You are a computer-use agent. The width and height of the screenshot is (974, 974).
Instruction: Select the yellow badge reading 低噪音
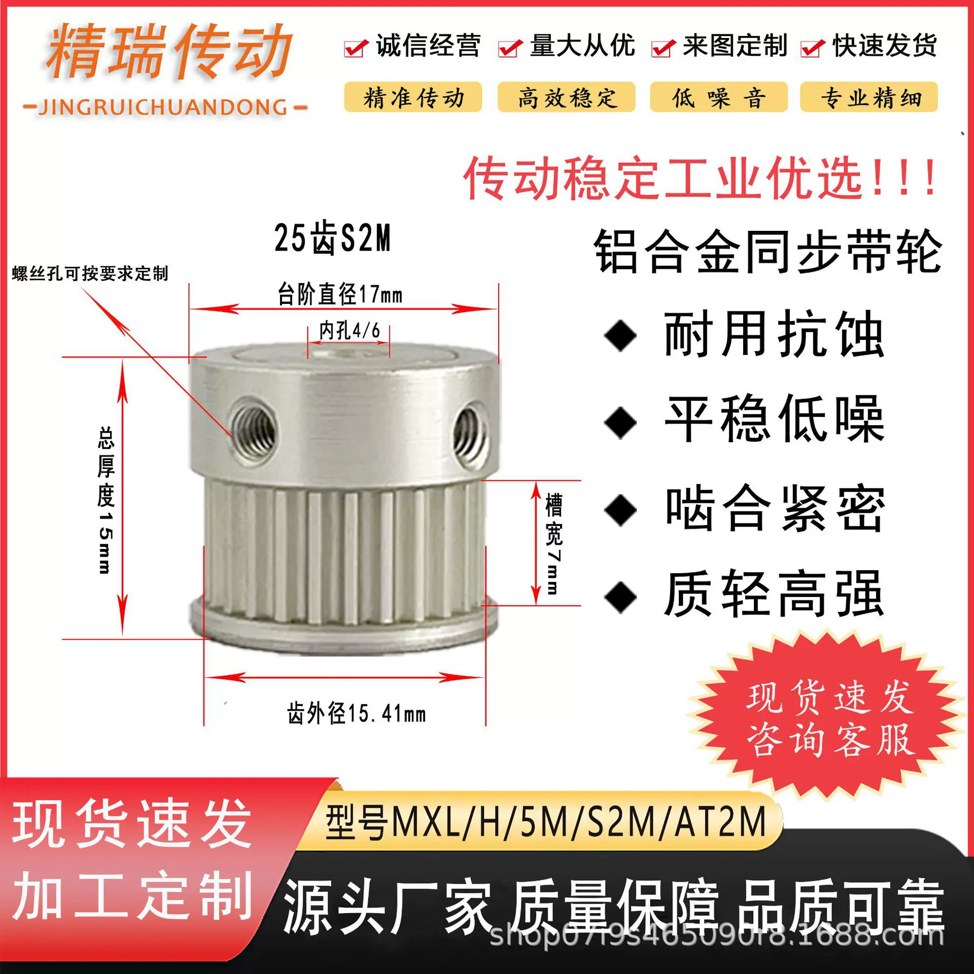point(718,97)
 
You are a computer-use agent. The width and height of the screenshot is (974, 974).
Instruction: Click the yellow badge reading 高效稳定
point(566,97)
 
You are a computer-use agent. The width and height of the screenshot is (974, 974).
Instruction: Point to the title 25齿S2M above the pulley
point(333,238)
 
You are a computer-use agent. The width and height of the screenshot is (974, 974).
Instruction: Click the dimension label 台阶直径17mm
point(340,294)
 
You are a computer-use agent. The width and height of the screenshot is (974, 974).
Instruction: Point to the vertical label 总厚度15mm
point(106,500)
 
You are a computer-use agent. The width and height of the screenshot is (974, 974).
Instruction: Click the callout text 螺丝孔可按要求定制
point(90,273)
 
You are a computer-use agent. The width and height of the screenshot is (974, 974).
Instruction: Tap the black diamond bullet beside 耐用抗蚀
point(620,335)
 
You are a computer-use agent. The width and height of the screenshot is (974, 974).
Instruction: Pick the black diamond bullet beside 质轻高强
point(620,597)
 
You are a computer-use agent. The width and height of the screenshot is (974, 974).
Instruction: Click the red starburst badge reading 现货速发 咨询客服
point(830,717)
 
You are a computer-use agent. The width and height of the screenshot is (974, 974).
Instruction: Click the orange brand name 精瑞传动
point(169,52)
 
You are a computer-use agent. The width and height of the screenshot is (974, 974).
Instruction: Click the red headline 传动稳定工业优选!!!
point(701,178)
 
